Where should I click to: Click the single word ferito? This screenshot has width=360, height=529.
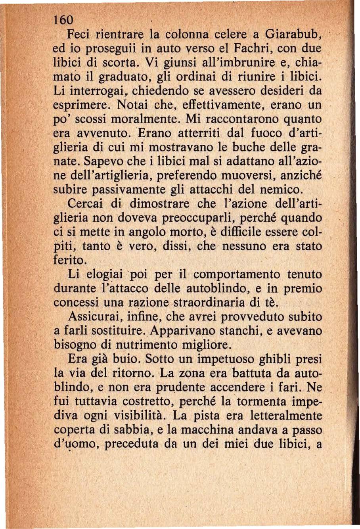[x=69, y=260]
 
